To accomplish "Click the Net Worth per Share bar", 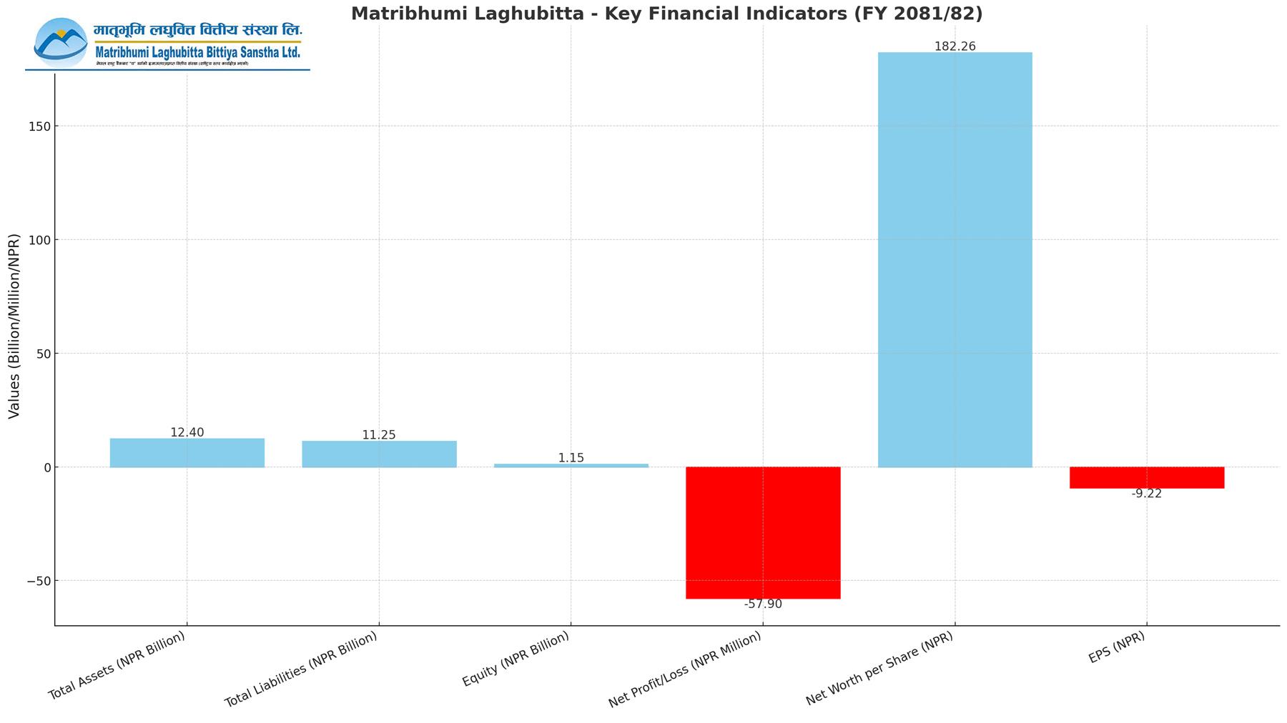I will (x=955, y=259).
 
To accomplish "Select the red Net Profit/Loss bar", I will (x=763, y=532).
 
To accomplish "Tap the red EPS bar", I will (x=1147, y=477).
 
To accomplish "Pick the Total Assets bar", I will (x=187, y=452).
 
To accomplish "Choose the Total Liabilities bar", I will (x=379, y=454).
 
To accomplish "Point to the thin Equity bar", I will (x=571, y=465).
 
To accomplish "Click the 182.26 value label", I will (x=955, y=46).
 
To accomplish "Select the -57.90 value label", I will (x=763, y=604).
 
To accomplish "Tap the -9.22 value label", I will (x=1147, y=494).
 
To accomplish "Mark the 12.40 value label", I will (x=187, y=432).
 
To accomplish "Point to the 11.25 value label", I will (x=379, y=435).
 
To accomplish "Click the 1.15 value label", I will (x=571, y=458).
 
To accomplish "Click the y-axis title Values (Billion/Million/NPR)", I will (x=14, y=326).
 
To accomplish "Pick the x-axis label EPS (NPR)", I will (x=1117, y=648).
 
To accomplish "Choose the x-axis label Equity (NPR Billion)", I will (x=516, y=659).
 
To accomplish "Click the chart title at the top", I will (x=666, y=13).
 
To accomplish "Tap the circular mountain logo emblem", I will (x=60, y=43).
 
